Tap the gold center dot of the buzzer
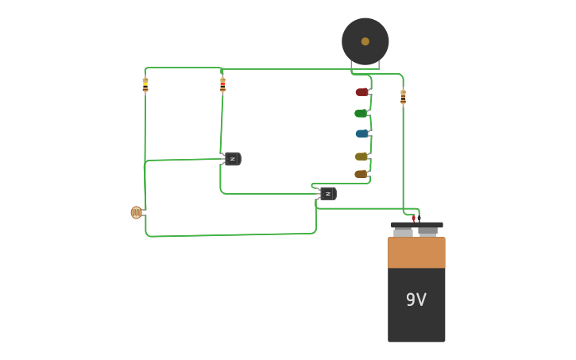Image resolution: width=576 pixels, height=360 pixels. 365,41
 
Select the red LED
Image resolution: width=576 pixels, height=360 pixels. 361,92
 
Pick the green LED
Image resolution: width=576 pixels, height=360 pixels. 361,114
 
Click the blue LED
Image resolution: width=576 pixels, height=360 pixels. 361,134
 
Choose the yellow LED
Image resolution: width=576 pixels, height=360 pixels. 361,157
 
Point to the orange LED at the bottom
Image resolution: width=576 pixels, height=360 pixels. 361,174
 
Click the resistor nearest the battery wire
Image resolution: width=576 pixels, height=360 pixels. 403,97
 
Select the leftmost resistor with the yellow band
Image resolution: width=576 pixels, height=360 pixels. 145,84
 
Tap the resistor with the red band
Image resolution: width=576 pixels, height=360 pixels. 222,84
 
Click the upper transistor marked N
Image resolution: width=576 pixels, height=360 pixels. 232,159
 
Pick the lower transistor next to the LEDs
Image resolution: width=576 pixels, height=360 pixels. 327,193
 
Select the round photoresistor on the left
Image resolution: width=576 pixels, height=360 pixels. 136,212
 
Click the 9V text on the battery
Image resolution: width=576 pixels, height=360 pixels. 416,300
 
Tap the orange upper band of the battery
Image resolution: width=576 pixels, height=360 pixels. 416,252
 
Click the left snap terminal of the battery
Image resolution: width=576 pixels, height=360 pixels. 404,230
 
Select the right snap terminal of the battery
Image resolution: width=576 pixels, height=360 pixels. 428,230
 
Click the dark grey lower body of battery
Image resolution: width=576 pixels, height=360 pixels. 416,322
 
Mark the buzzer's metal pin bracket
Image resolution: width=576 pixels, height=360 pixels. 365,66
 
